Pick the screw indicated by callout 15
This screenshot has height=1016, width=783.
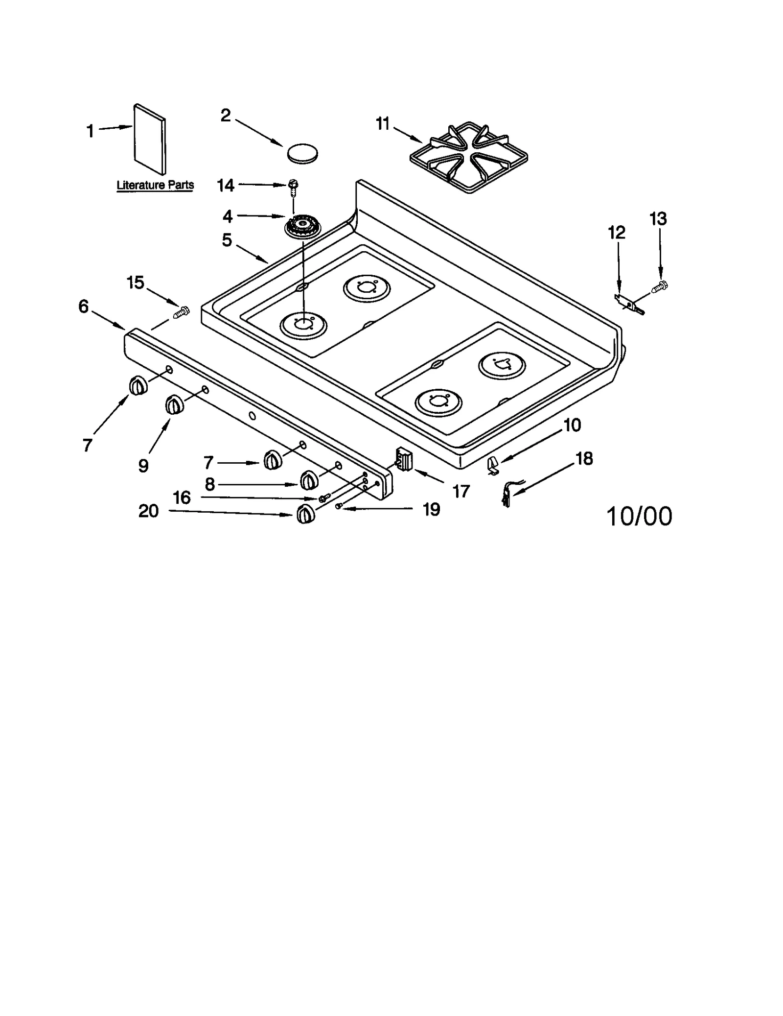click(182, 311)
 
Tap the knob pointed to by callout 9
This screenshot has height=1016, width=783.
click(174, 406)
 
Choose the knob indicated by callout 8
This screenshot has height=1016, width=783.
click(308, 480)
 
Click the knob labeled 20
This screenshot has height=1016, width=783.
click(305, 515)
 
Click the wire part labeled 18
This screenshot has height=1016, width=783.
click(507, 494)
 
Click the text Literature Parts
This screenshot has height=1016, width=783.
click(155, 186)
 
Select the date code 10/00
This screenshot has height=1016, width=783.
click(639, 517)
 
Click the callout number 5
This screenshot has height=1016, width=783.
click(227, 240)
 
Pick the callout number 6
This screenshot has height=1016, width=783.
click(84, 307)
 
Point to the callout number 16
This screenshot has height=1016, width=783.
click(182, 497)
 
